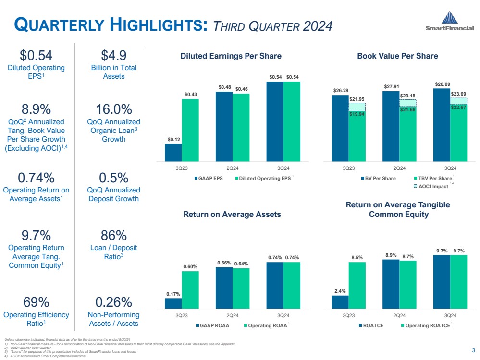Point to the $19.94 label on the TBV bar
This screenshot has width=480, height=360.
tap(357, 115)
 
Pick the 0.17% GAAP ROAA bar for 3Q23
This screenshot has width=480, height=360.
tap(173, 303)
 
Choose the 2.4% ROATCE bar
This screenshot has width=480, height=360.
tap(340, 302)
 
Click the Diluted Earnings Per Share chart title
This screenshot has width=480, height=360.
tap(231, 56)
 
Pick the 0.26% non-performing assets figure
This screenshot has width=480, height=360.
tap(113, 302)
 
